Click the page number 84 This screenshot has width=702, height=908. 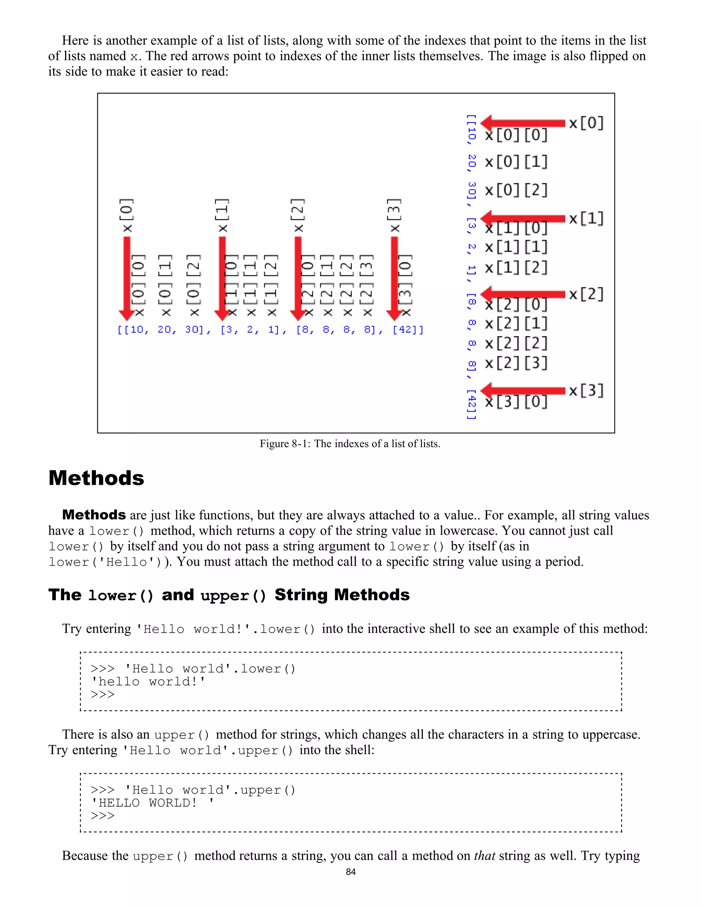click(351, 872)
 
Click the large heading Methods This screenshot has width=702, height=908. click(96, 478)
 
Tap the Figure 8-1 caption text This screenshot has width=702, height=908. click(350, 444)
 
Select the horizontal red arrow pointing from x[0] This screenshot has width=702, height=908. click(523, 123)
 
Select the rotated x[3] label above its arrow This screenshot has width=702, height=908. click(395, 216)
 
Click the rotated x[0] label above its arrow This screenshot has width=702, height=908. click(127, 216)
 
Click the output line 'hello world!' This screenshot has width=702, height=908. click(148, 682)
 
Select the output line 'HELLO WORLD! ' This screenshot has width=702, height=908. click(152, 803)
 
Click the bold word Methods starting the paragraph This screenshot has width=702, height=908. click(94, 515)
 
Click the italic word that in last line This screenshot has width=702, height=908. click(484, 856)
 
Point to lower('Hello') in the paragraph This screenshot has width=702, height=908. click(106, 562)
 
